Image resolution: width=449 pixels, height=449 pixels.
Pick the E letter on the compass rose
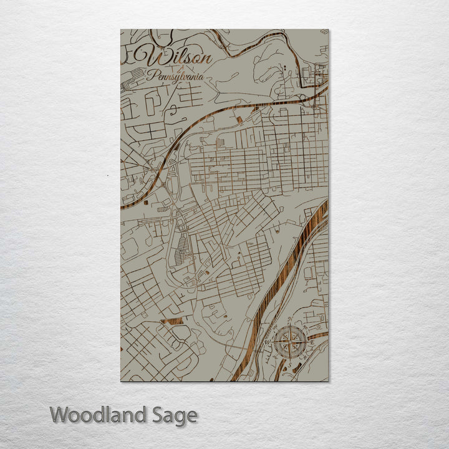(x=312, y=340)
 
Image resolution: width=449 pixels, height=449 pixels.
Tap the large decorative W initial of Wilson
(x=154, y=57)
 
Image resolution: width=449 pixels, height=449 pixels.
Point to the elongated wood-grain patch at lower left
(x=171, y=321)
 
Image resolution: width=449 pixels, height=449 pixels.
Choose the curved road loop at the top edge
(x=262, y=44)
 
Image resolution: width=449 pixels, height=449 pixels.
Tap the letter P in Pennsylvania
(x=150, y=76)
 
